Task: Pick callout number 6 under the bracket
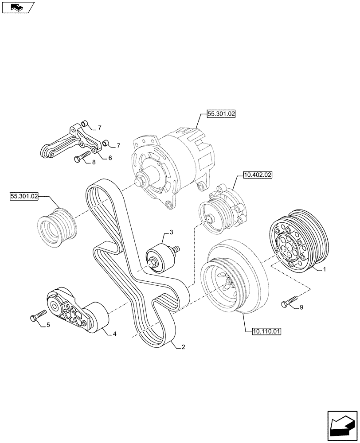(110, 158)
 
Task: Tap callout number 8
(94, 163)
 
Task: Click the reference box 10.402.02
(257, 175)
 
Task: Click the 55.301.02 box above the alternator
(220, 114)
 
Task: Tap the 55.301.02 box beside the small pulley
(24, 195)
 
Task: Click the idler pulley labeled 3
(158, 258)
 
